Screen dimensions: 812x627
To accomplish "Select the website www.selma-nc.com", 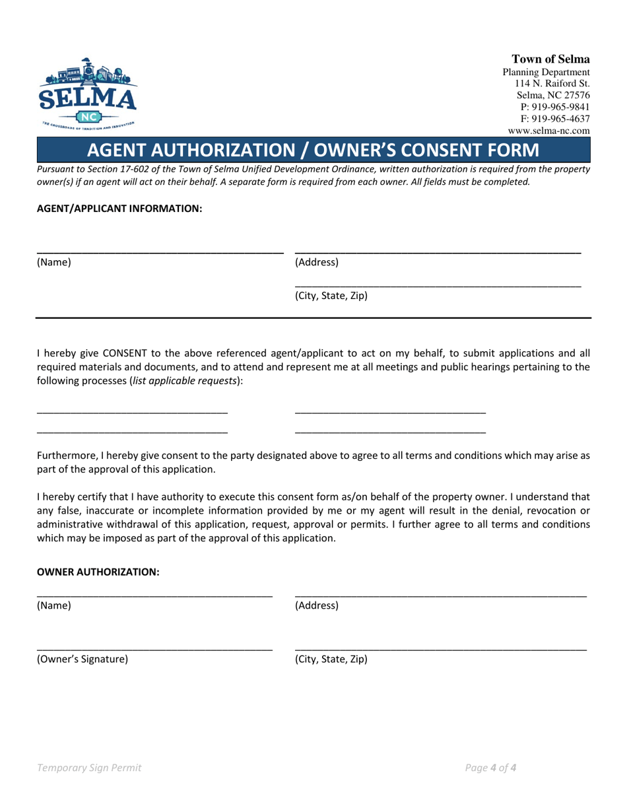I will coord(548,131).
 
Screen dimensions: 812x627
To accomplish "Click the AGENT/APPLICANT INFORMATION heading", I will coord(119,209).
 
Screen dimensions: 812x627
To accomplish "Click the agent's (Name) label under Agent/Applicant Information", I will coord(53,263).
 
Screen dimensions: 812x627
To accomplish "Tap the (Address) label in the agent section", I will coord(317,263).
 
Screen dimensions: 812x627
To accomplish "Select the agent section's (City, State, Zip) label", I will coord(331,296).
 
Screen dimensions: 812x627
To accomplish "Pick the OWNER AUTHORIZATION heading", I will coord(98,572).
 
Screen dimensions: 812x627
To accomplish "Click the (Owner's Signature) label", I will coord(82,659).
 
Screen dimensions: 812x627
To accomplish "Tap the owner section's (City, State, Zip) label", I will coord(331,659).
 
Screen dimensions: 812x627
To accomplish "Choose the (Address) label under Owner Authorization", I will coord(317,605).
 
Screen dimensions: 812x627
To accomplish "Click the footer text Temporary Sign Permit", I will coord(89,768).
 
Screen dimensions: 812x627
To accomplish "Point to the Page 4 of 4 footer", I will coord(490,768).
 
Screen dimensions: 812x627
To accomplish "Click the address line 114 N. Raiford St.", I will coord(552,83).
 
